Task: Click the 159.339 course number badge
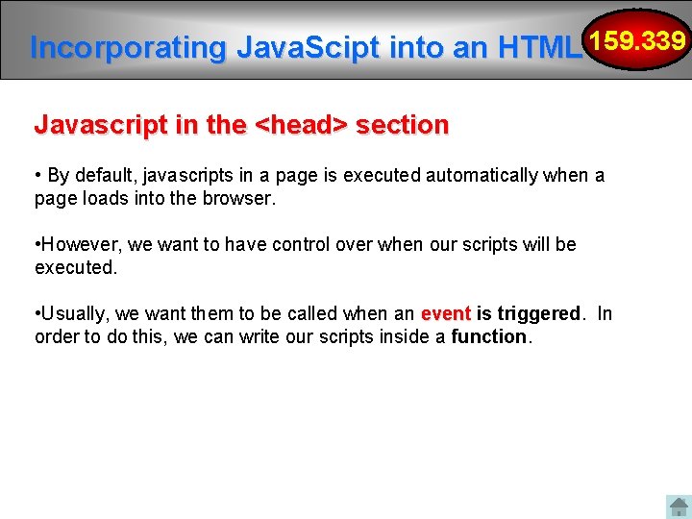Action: pos(638,42)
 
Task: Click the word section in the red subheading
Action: pos(402,125)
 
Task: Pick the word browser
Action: pos(241,199)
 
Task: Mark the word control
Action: pos(305,245)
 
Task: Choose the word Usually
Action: pos(74,314)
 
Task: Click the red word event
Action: pos(445,314)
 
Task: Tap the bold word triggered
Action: pos(539,314)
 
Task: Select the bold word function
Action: pos(490,337)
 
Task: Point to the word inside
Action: pos(408,337)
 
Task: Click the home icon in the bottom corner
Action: pos(679,507)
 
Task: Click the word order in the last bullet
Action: pos(57,337)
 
